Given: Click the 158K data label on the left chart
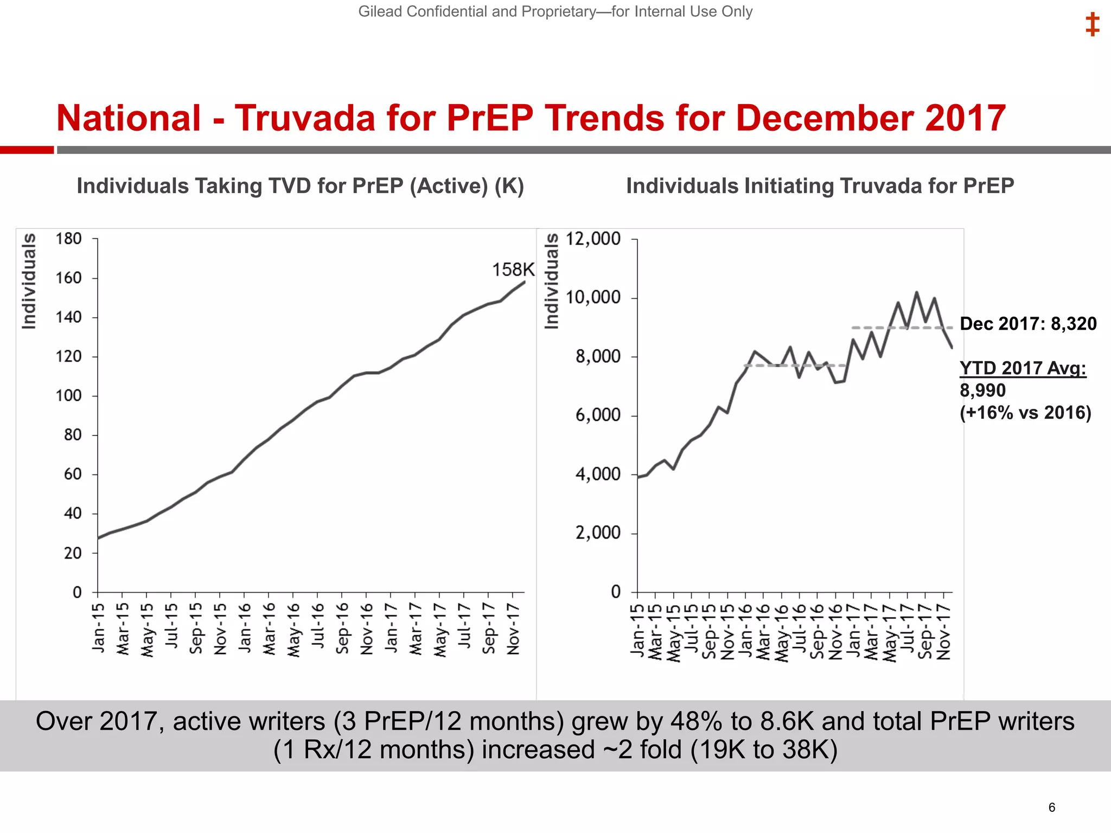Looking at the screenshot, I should [x=513, y=270].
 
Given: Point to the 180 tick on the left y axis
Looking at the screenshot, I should [x=68, y=239].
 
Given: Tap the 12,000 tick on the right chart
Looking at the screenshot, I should [x=593, y=239].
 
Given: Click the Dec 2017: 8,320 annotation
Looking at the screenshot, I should [x=1028, y=324].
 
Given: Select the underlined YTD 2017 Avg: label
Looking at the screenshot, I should [x=1023, y=368].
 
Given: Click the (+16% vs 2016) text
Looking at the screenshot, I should [x=1025, y=413].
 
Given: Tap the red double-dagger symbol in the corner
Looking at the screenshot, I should [x=1092, y=25].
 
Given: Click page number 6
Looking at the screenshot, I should [x=1051, y=808].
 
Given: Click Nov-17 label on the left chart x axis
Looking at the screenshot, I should [x=513, y=629].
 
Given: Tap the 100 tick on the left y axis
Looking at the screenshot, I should [x=68, y=396].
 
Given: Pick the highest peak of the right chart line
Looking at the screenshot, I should [x=916, y=293].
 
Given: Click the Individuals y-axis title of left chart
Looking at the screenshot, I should [x=29, y=281].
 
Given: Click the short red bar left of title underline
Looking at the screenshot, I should [x=27, y=150].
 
